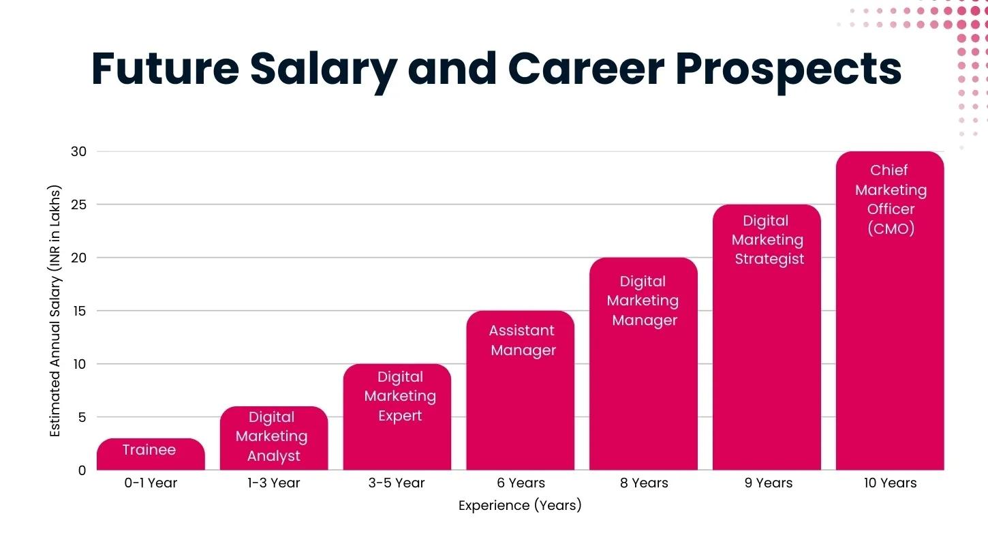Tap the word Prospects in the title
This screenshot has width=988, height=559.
788,69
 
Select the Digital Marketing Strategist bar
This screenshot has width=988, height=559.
767,337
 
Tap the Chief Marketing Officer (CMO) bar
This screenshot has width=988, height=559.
890,310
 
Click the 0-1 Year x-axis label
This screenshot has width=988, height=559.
151,483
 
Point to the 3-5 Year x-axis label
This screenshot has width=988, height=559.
397,483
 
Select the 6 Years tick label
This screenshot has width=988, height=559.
521,483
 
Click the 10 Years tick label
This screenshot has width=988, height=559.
890,483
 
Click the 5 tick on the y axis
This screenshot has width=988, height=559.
82,417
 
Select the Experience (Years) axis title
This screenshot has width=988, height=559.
520,506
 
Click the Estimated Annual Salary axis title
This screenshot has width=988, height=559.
56,311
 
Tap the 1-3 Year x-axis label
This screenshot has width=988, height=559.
274,483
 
